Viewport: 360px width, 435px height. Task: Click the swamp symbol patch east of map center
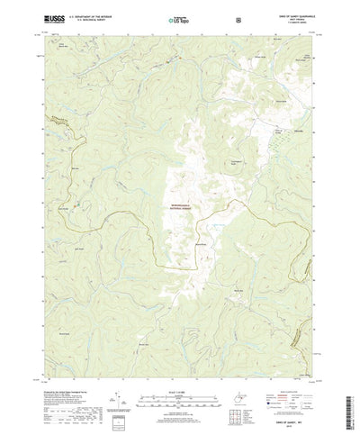(x=216, y=220)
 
